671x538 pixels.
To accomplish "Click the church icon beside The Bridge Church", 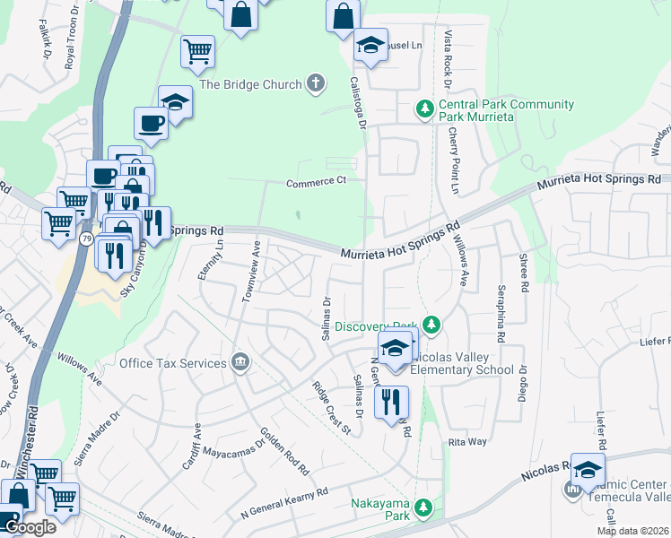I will point(315,84).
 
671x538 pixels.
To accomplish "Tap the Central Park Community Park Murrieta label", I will point(506,111).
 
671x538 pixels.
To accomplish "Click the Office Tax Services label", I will point(172,363).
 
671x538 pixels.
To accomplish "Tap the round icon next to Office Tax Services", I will point(240,363).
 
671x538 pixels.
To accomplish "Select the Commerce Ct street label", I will point(316,183).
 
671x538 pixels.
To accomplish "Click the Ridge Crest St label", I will point(331,408).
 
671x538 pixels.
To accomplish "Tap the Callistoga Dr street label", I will point(358,104).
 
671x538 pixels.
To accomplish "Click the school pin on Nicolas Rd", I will point(588,470).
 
